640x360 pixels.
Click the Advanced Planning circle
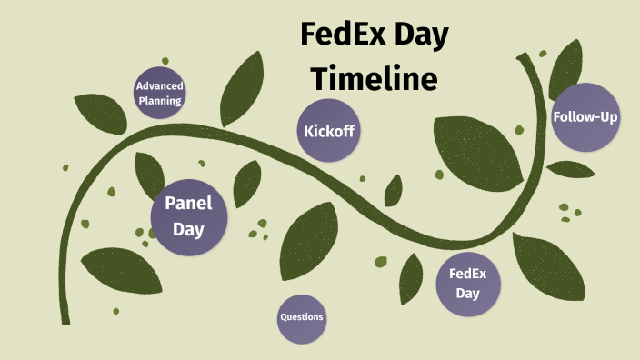(x=160, y=93)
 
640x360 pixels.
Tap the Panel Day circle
(x=189, y=216)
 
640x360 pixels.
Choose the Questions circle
(x=302, y=318)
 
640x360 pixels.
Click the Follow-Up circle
(x=586, y=117)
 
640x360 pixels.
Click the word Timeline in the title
(x=375, y=78)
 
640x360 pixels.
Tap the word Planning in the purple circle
(x=160, y=100)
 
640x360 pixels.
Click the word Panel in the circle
(x=189, y=204)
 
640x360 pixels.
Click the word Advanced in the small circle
(x=160, y=86)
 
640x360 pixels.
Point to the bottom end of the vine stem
(x=65, y=320)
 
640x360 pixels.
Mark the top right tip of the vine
(x=522, y=57)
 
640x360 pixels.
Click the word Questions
(x=302, y=318)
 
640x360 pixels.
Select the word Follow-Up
(x=586, y=117)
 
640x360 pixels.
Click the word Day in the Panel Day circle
(x=189, y=229)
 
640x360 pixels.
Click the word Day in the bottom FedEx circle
(x=468, y=293)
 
